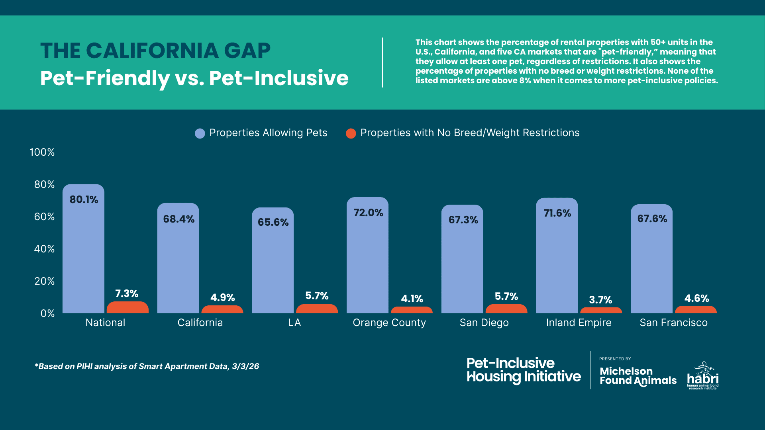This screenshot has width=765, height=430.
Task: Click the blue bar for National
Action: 83,255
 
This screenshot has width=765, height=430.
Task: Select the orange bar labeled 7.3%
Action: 127,307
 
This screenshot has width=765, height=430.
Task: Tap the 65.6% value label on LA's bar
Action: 273,222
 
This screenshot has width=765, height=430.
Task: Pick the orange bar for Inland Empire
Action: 601,310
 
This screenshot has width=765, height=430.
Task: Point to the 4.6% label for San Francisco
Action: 696,298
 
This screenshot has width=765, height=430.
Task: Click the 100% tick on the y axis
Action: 42,152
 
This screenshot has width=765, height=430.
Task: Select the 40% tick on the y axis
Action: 44,249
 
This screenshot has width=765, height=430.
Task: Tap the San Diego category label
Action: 484,322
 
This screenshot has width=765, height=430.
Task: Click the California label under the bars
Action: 200,322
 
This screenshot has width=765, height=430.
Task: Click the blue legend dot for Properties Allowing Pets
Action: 200,133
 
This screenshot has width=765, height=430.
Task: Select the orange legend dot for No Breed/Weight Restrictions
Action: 351,133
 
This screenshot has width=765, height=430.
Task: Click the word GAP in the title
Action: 247,51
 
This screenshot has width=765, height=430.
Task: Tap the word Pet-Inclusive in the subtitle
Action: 279,78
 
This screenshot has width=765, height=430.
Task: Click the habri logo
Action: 702,376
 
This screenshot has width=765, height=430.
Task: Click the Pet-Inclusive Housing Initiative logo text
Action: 524,370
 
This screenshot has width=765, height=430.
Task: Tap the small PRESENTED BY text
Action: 615,359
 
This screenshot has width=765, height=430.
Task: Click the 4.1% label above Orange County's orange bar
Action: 412,299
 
